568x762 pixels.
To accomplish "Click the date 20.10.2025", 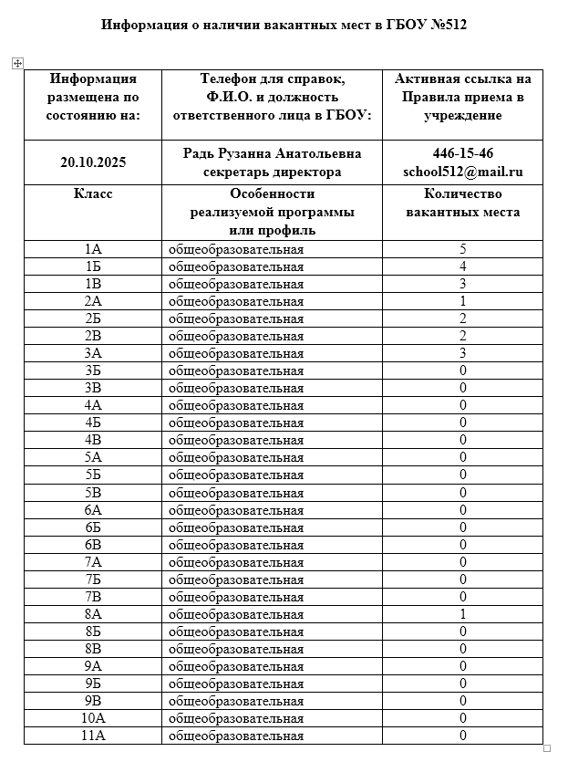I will tap(93, 162).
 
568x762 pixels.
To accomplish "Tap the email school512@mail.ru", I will tap(463, 172).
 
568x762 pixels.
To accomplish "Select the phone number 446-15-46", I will tap(463, 153).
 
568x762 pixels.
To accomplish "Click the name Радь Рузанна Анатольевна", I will tap(272, 153).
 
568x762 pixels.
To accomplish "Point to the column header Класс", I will tap(93, 193).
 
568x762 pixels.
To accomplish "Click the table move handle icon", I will tap(16, 63).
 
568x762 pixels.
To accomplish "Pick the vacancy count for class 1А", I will tap(463, 249).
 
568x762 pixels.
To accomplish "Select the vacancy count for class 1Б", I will tap(463, 266).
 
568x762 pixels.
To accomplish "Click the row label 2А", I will tap(93, 301).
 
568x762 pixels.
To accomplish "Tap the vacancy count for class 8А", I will tap(463, 614).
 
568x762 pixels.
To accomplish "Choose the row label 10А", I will tap(93, 718).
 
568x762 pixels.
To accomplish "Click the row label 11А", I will tap(93, 736).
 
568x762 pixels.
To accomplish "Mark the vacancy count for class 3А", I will tap(463, 353).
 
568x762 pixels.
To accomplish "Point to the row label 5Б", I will tap(93, 475).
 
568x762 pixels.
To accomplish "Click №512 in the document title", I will tap(445, 25).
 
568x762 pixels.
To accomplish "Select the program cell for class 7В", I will tap(236, 597).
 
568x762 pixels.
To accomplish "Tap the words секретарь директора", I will tap(272, 172).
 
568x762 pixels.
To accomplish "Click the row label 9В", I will tap(93, 701).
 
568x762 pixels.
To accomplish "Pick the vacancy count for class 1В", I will tap(463, 284).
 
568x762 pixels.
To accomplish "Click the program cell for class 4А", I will tap(236, 405).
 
